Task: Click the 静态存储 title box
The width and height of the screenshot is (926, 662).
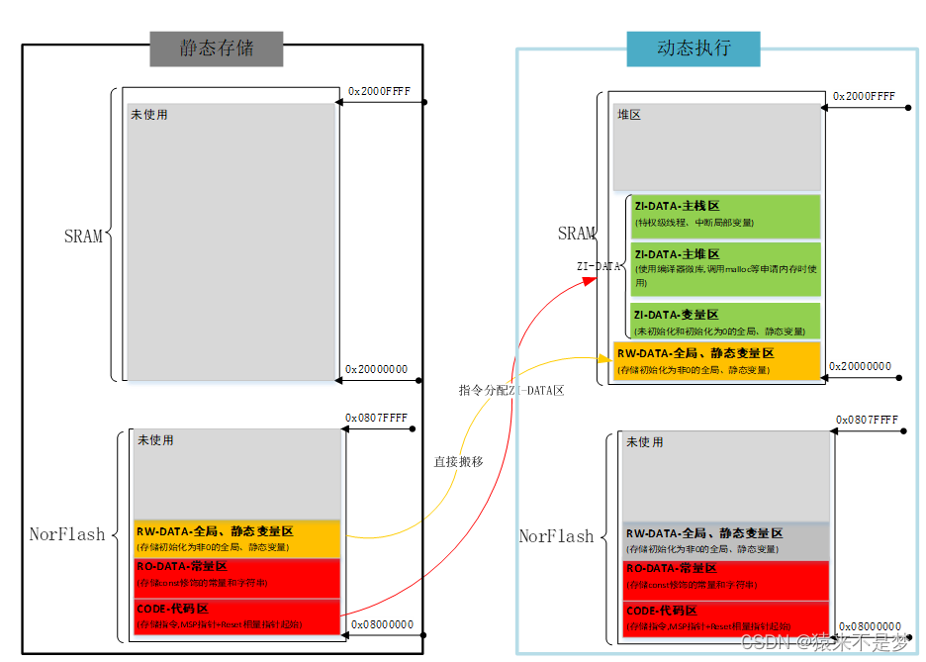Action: [x=217, y=48]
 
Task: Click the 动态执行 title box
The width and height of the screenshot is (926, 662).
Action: [x=694, y=48]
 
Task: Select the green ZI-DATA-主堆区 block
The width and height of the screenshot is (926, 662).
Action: [x=725, y=268]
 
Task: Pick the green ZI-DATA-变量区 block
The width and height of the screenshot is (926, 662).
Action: [x=725, y=321]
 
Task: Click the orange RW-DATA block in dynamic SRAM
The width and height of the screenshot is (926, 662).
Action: [x=716, y=360]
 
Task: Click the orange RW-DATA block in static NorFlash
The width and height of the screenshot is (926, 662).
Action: [x=236, y=538]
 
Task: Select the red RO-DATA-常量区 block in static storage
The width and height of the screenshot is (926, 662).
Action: [x=236, y=577]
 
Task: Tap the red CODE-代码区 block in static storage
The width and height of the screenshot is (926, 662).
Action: [x=236, y=616]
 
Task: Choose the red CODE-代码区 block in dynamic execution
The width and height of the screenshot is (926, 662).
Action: [x=725, y=618]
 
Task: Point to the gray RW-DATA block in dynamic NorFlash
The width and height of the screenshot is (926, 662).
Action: [x=725, y=540]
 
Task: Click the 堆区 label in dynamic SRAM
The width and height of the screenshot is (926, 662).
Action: [x=629, y=115]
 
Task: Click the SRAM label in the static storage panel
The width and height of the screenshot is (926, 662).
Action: [x=83, y=236]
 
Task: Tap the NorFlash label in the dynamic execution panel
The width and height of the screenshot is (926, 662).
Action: [x=556, y=536]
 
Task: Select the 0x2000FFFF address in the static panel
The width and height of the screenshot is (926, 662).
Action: [x=379, y=91]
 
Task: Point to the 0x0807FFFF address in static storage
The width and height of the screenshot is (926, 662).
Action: [x=377, y=418]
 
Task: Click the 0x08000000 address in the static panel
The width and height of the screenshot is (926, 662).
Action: [x=382, y=624]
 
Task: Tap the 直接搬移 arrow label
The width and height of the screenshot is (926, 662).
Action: [x=458, y=461]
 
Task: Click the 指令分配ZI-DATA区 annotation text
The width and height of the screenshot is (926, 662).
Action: [x=511, y=390]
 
